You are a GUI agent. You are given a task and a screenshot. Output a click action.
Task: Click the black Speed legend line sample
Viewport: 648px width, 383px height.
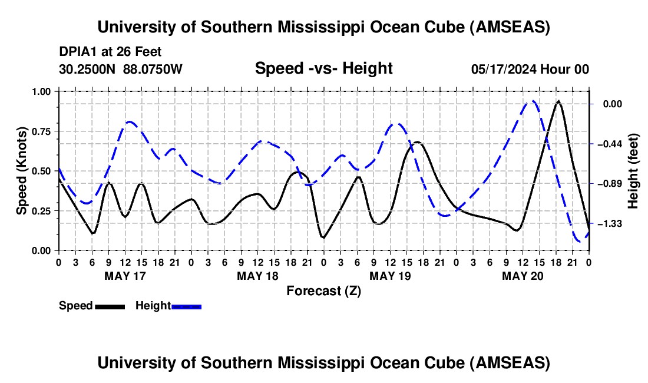click(x=109, y=306)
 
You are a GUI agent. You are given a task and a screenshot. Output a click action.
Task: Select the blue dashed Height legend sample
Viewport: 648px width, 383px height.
click(x=186, y=306)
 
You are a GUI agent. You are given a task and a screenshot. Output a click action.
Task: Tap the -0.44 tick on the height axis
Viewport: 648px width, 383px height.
click(x=613, y=144)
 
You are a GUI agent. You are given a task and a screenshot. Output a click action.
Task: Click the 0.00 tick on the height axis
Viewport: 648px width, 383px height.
click(x=614, y=104)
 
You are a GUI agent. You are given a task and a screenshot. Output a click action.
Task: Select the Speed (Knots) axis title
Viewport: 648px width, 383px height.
click(x=22, y=170)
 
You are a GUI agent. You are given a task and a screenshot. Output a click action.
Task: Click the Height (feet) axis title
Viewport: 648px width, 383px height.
click(x=634, y=171)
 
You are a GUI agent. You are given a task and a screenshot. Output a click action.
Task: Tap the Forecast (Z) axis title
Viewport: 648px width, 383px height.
click(x=323, y=290)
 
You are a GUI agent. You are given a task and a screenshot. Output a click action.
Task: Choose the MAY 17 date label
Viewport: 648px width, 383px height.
click(x=125, y=276)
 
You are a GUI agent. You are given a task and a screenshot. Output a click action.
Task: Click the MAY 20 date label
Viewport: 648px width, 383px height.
click(x=523, y=276)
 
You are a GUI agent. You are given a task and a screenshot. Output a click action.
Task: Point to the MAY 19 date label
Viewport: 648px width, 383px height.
click(x=390, y=276)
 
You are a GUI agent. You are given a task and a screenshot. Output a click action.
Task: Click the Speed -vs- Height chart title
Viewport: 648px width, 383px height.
click(x=323, y=68)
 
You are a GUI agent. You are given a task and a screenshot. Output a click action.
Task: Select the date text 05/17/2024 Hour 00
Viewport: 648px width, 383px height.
click(x=530, y=70)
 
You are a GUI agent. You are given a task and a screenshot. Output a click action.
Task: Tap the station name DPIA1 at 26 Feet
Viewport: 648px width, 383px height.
click(x=110, y=52)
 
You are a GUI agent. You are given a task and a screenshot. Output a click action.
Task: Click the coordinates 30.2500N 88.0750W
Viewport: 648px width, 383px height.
click(x=121, y=70)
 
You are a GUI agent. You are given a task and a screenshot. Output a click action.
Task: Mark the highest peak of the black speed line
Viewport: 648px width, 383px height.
click(x=558, y=101)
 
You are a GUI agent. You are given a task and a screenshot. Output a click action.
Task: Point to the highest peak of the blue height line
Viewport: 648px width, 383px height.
click(x=532, y=101)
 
